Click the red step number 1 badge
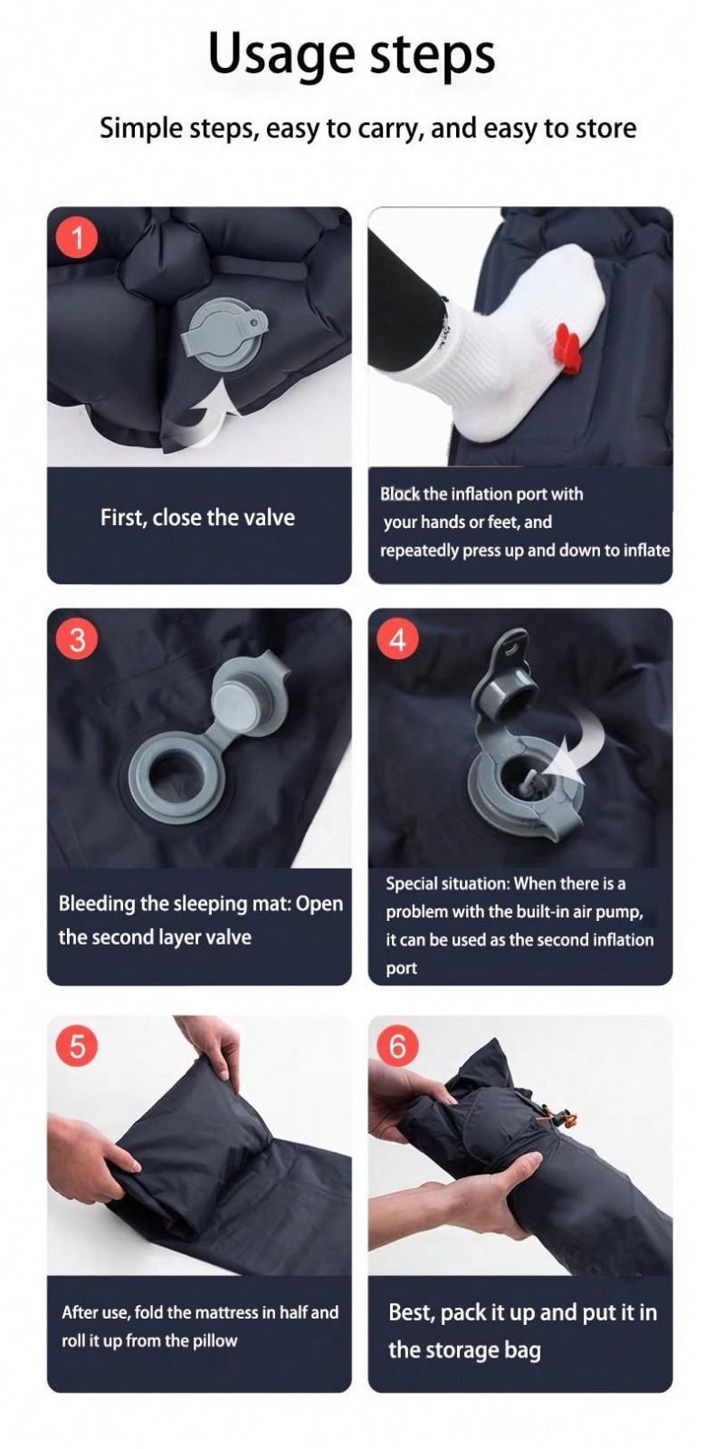coord(77,239)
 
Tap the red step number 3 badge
coord(77,639)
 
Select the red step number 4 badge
coord(398,639)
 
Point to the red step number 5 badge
coord(77,1046)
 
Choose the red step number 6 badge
coord(398,1046)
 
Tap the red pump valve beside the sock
coord(567,348)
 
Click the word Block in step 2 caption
coord(400,494)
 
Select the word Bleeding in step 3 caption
coord(97,905)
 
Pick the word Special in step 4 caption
coord(411,884)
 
